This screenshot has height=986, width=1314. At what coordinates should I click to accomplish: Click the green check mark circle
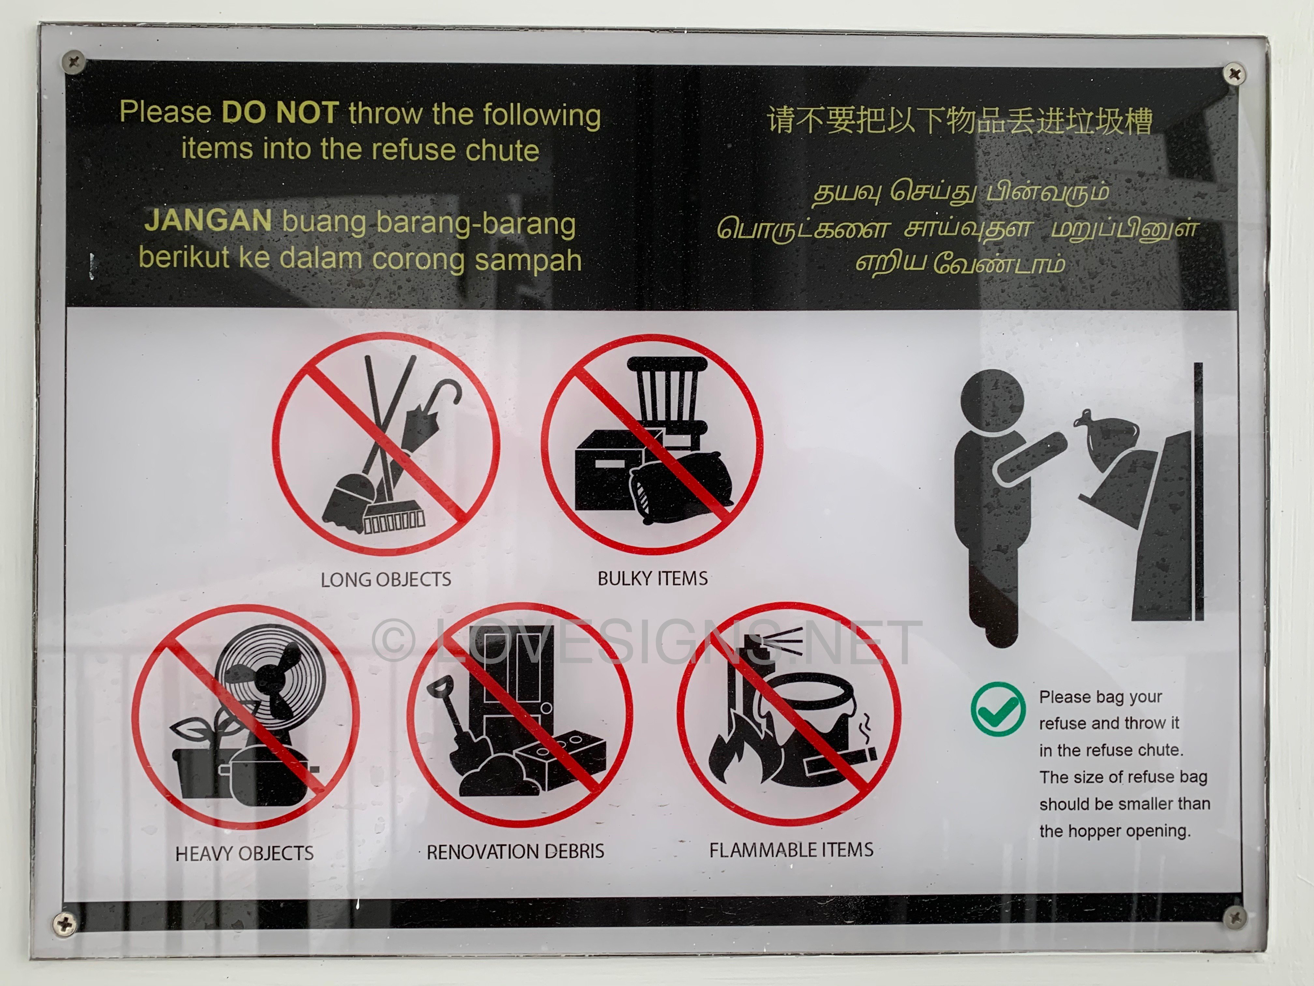coord(998,709)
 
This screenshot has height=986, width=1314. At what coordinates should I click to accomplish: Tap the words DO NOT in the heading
coord(280,113)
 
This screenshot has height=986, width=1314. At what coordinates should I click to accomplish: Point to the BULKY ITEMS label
coord(652,578)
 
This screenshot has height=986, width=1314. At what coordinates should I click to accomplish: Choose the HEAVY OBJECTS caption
coord(244,854)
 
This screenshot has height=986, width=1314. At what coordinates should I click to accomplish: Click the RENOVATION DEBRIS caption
coord(515,852)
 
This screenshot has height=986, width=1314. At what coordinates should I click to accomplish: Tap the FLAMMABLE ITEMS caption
coord(791,850)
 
